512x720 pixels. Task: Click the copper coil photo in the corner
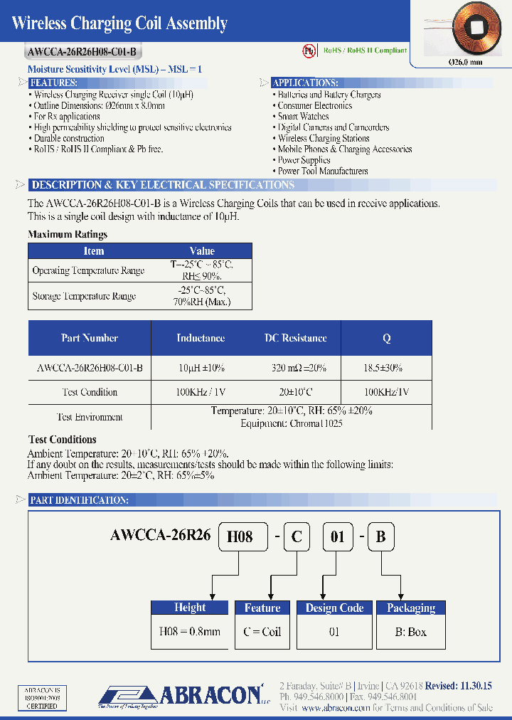pyautogui.click(x=466, y=29)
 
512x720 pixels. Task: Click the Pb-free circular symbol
pyautogui.click(x=309, y=51)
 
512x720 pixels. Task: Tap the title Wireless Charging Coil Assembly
pyautogui.click(x=120, y=23)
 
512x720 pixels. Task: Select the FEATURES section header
pyautogui.click(x=58, y=83)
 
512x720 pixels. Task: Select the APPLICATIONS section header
pyautogui.click(x=305, y=83)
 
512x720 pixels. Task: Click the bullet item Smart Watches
pyautogui.click(x=303, y=116)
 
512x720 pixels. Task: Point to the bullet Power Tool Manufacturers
pyautogui.click(x=323, y=171)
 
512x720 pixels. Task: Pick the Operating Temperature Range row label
pyautogui.click(x=88, y=270)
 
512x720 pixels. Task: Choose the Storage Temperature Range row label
pyautogui.click(x=84, y=296)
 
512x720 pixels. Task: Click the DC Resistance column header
pyautogui.click(x=295, y=338)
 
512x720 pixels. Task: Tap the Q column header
pyautogui.click(x=387, y=339)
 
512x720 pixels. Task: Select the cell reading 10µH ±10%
pyautogui.click(x=201, y=368)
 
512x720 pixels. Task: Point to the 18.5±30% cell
pyautogui.click(x=383, y=368)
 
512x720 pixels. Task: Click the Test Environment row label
pyautogui.click(x=90, y=417)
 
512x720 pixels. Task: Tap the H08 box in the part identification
pyautogui.click(x=240, y=536)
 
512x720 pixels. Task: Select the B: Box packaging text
pyautogui.click(x=411, y=632)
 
